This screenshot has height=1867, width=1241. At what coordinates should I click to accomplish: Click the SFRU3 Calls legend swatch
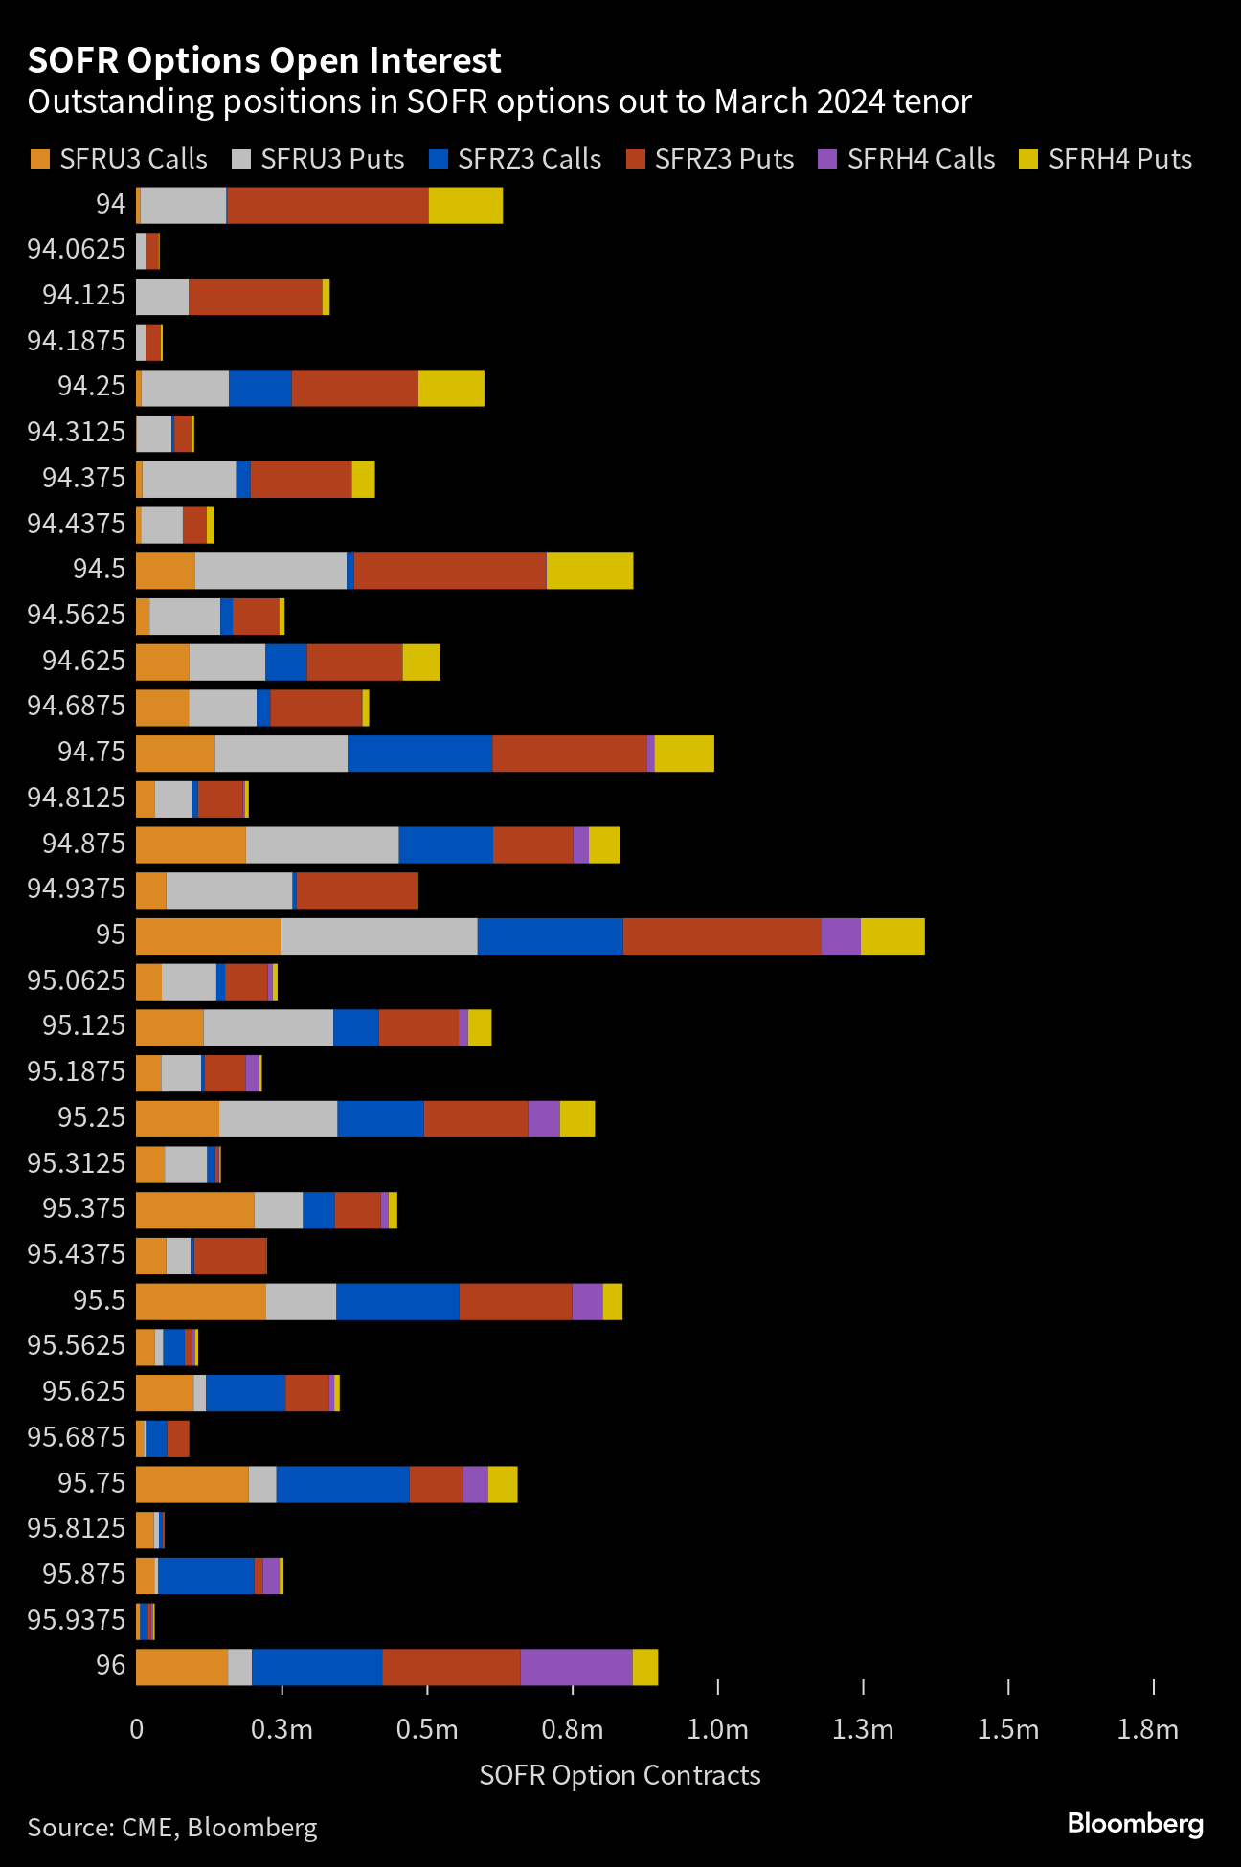39,159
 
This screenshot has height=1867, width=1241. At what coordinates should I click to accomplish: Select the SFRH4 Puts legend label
1120,159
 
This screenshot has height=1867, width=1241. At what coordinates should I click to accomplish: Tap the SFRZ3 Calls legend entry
515,159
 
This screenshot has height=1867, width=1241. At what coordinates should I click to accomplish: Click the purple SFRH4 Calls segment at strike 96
576,1667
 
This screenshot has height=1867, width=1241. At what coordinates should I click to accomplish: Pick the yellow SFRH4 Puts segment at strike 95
892,936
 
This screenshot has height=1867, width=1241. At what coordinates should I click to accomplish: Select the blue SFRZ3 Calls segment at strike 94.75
419,754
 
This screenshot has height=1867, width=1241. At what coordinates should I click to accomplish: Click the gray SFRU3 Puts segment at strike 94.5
271,571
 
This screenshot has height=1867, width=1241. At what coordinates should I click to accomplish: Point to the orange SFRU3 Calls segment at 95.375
195,1210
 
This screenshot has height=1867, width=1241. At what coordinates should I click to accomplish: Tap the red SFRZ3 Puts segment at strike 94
327,205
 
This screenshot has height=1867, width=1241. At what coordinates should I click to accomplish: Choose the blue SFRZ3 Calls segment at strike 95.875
206,1576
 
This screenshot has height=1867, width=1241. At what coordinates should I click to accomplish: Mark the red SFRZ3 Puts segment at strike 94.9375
357,890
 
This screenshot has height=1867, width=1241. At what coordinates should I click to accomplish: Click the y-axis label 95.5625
77,1345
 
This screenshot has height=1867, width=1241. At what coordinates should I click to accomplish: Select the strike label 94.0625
77,249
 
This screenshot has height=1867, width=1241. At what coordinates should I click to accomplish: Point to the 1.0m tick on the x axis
718,1687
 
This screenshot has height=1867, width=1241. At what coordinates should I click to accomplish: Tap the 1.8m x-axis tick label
1148,1729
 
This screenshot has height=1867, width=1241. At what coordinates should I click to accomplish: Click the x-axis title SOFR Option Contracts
620,1775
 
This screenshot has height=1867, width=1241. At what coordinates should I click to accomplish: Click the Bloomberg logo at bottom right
1136,1823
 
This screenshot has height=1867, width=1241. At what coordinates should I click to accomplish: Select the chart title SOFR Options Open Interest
264,60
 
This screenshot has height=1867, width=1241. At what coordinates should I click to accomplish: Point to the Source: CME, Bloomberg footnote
172,1828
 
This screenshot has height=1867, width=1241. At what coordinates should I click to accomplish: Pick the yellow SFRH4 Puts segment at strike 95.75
503,1484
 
